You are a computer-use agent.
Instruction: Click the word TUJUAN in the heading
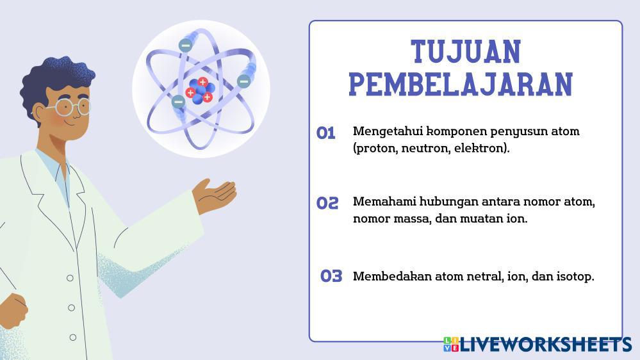pyautogui.click(x=466, y=52)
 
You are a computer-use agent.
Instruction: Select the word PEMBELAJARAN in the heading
pyautogui.click(x=461, y=85)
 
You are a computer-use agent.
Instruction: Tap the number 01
pyautogui.click(x=325, y=133)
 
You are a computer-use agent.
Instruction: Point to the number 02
pyautogui.click(x=327, y=203)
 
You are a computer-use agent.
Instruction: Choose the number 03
pyautogui.click(x=331, y=276)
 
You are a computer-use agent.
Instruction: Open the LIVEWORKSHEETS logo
pyautogui.click(x=537, y=345)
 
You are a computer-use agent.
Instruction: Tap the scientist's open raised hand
pyautogui.click(x=215, y=195)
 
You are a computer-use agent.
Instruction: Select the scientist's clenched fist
pyautogui.click(x=13, y=310)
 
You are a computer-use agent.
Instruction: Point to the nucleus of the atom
pyautogui.click(x=200, y=90)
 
